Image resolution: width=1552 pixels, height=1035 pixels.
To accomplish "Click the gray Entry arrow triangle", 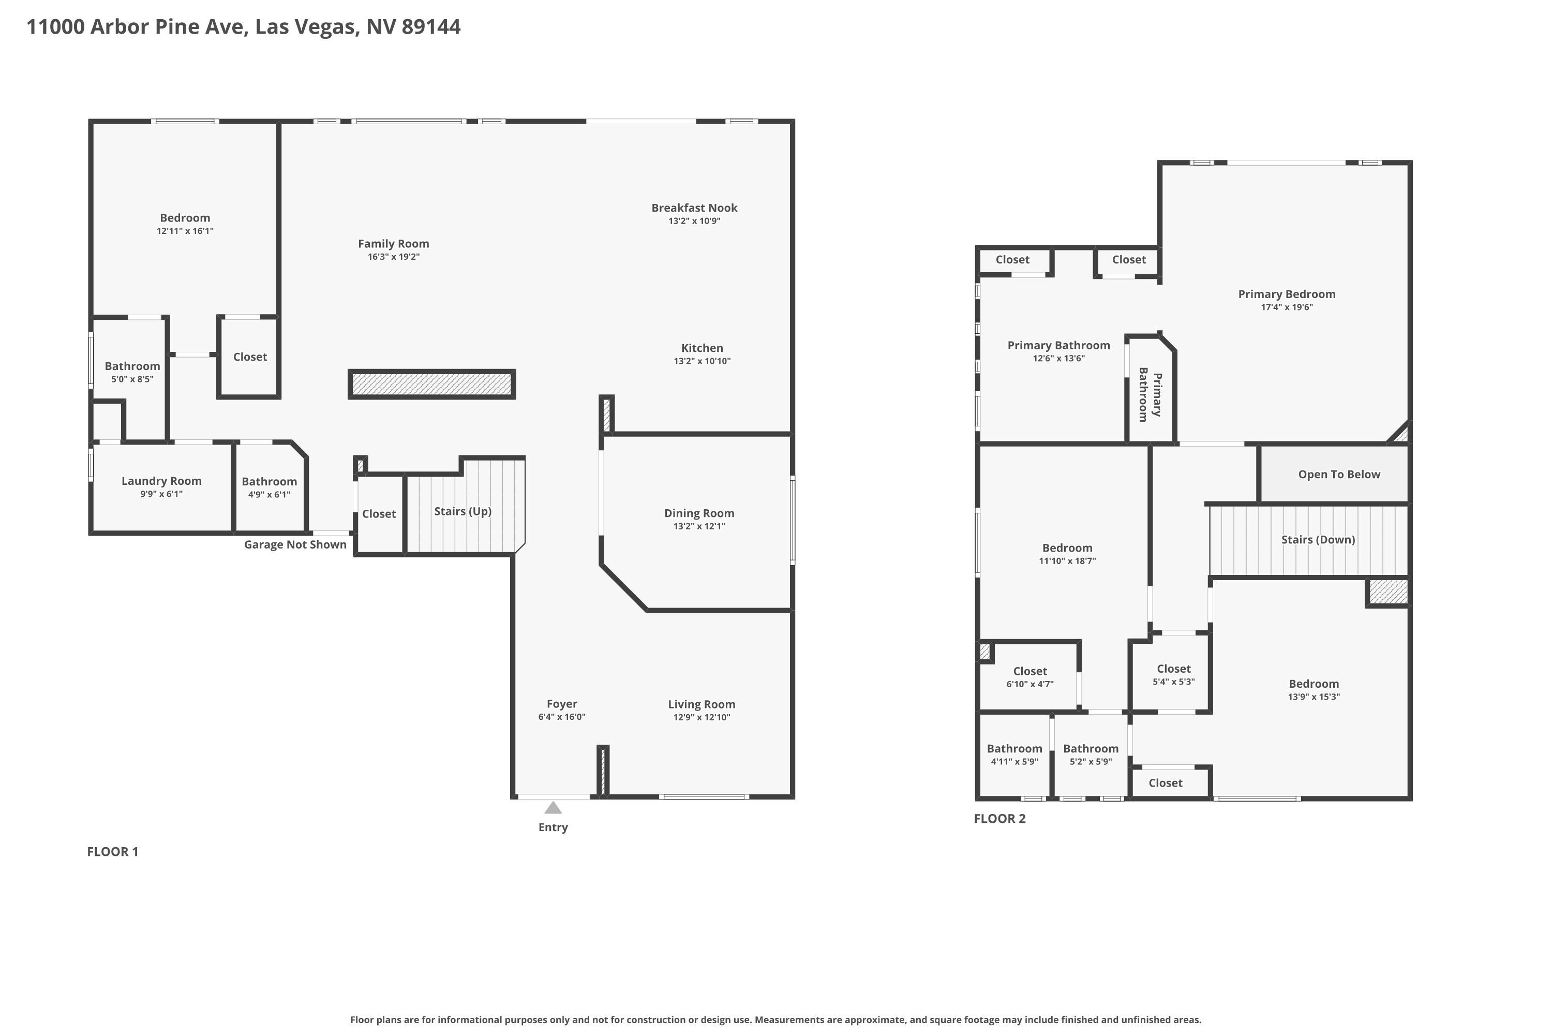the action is [553, 808].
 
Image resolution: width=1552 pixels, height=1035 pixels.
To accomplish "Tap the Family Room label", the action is [393, 244].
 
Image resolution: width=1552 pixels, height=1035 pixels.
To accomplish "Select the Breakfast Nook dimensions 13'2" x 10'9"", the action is [694, 221].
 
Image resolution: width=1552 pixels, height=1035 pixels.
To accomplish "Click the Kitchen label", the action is [702, 348].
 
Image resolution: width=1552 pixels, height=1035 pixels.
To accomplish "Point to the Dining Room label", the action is [699, 513].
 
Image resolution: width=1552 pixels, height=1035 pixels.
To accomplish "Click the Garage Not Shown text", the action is [295, 544].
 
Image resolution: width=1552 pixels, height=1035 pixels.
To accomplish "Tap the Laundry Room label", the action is [161, 481].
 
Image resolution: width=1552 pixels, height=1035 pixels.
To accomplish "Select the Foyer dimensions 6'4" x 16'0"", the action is [561, 717].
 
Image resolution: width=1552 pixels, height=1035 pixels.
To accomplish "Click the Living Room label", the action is [702, 704].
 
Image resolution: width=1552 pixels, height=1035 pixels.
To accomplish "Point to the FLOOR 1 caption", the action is [113, 851].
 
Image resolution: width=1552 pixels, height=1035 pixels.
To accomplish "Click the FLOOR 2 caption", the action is [999, 819].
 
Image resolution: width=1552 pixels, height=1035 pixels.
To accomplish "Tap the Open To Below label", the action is [1339, 475].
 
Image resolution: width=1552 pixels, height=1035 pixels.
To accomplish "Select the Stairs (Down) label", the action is [1318, 540].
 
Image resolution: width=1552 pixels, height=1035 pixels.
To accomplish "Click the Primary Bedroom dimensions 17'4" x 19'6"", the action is [1287, 307].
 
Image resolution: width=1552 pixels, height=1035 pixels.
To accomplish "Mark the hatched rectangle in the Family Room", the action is [431, 384].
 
